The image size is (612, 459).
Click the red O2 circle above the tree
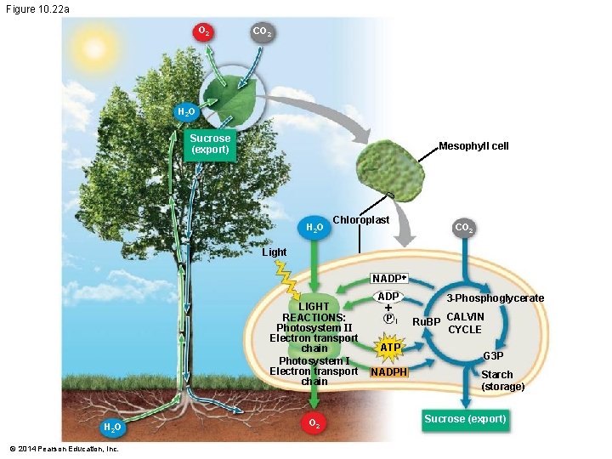204,31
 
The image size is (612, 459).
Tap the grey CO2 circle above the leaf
261,32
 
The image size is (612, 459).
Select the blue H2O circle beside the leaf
185,112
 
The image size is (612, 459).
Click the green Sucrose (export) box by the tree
210,144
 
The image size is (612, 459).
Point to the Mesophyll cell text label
473,146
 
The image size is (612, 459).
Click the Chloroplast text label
360,220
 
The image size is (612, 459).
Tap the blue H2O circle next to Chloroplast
314,228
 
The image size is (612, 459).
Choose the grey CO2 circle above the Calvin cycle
464,228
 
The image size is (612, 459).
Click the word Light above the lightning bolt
275,252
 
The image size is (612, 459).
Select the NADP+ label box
390,279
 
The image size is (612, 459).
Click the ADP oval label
388,297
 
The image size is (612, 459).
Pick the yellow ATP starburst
390,348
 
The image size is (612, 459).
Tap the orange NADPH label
389,372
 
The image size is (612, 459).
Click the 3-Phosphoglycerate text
496,298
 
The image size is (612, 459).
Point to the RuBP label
426,323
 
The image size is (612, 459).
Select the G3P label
494,356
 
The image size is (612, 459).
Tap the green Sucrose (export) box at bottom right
465,419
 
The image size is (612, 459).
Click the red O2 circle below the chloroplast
314,423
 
